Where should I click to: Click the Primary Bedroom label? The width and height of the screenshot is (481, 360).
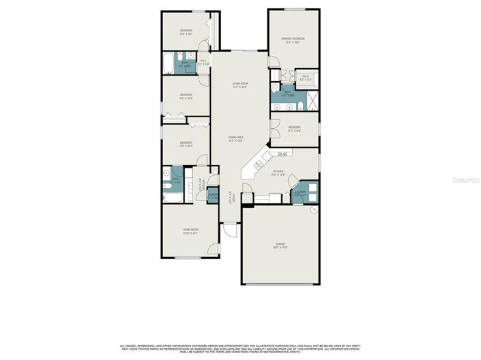[x=293, y=40]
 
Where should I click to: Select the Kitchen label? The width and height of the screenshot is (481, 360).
[x=278, y=172]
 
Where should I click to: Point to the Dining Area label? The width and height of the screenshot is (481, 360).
[x=236, y=138]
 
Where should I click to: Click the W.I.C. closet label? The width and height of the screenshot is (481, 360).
[x=305, y=78]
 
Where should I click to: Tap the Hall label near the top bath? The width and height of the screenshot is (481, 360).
[x=203, y=62]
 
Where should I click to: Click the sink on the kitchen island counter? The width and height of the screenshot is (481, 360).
[x=259, y=164]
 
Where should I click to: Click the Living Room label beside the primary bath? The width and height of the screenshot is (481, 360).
[x=239, y=85]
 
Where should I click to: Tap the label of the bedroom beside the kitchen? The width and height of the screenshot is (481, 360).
[x=294, y=129]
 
